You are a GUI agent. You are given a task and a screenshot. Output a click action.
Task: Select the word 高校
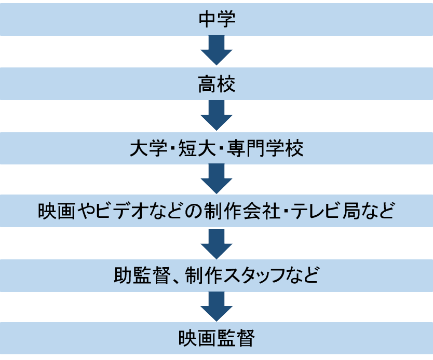(x=216, y=84)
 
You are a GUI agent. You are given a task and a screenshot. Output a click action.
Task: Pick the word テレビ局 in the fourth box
(x=330, y=212)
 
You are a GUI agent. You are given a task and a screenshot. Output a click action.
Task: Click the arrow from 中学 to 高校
(x=216, y=51)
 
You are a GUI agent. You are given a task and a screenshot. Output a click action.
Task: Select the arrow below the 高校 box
(x=216, y=115)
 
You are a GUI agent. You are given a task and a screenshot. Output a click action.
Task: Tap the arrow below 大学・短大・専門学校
(x=216, y=179)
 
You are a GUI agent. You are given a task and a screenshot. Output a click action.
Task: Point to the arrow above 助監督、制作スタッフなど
(x=216, y=243)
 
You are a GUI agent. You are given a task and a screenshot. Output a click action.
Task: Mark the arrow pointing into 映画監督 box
(x=216, y=307)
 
